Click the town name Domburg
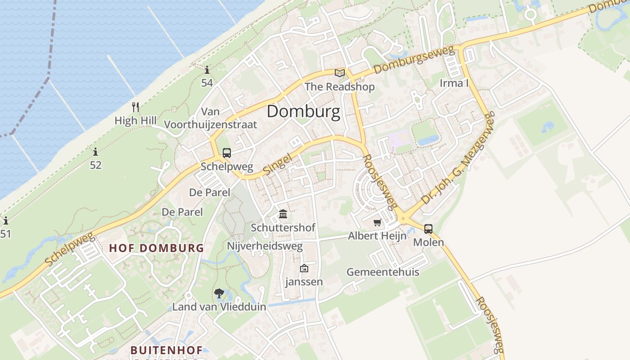pyautogui.click(x=303, y=112)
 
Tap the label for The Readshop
pyautogui.click(x=339, y=86)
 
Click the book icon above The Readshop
pyautogui.click(x=339, y=73)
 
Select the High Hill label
pyautogui.click(x=135, y=121)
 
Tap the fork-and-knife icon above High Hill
pyautogui.click(x=135, y=107)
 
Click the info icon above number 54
pyautogui.click(x=207, y=70)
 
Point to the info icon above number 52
pyautogui.click(x=95, y=152)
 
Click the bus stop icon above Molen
pyautogui.click(x=428, y=229)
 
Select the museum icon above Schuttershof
pyautogui.click(x=283, y=214)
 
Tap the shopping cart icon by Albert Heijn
pyautogui.click(x=378, y=223)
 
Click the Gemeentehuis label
pyautogui.click(x=382, y=272)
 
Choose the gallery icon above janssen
pyautogui.click(x=304, y=269)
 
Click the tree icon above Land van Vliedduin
pyautogui.click(x=219, y=294)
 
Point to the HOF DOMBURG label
pyautogui.click(x=157, y=248)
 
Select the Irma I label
pyautogui.click(x=454, y=83)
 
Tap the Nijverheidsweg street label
pyautogui.click(x=265, y=246)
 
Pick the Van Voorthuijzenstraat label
pyautogui.click(x=210, y=118)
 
